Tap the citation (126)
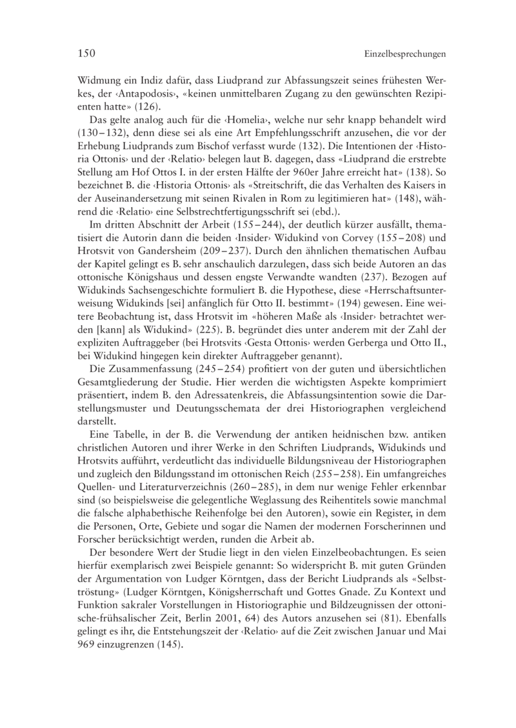click(x=147, y=107)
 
